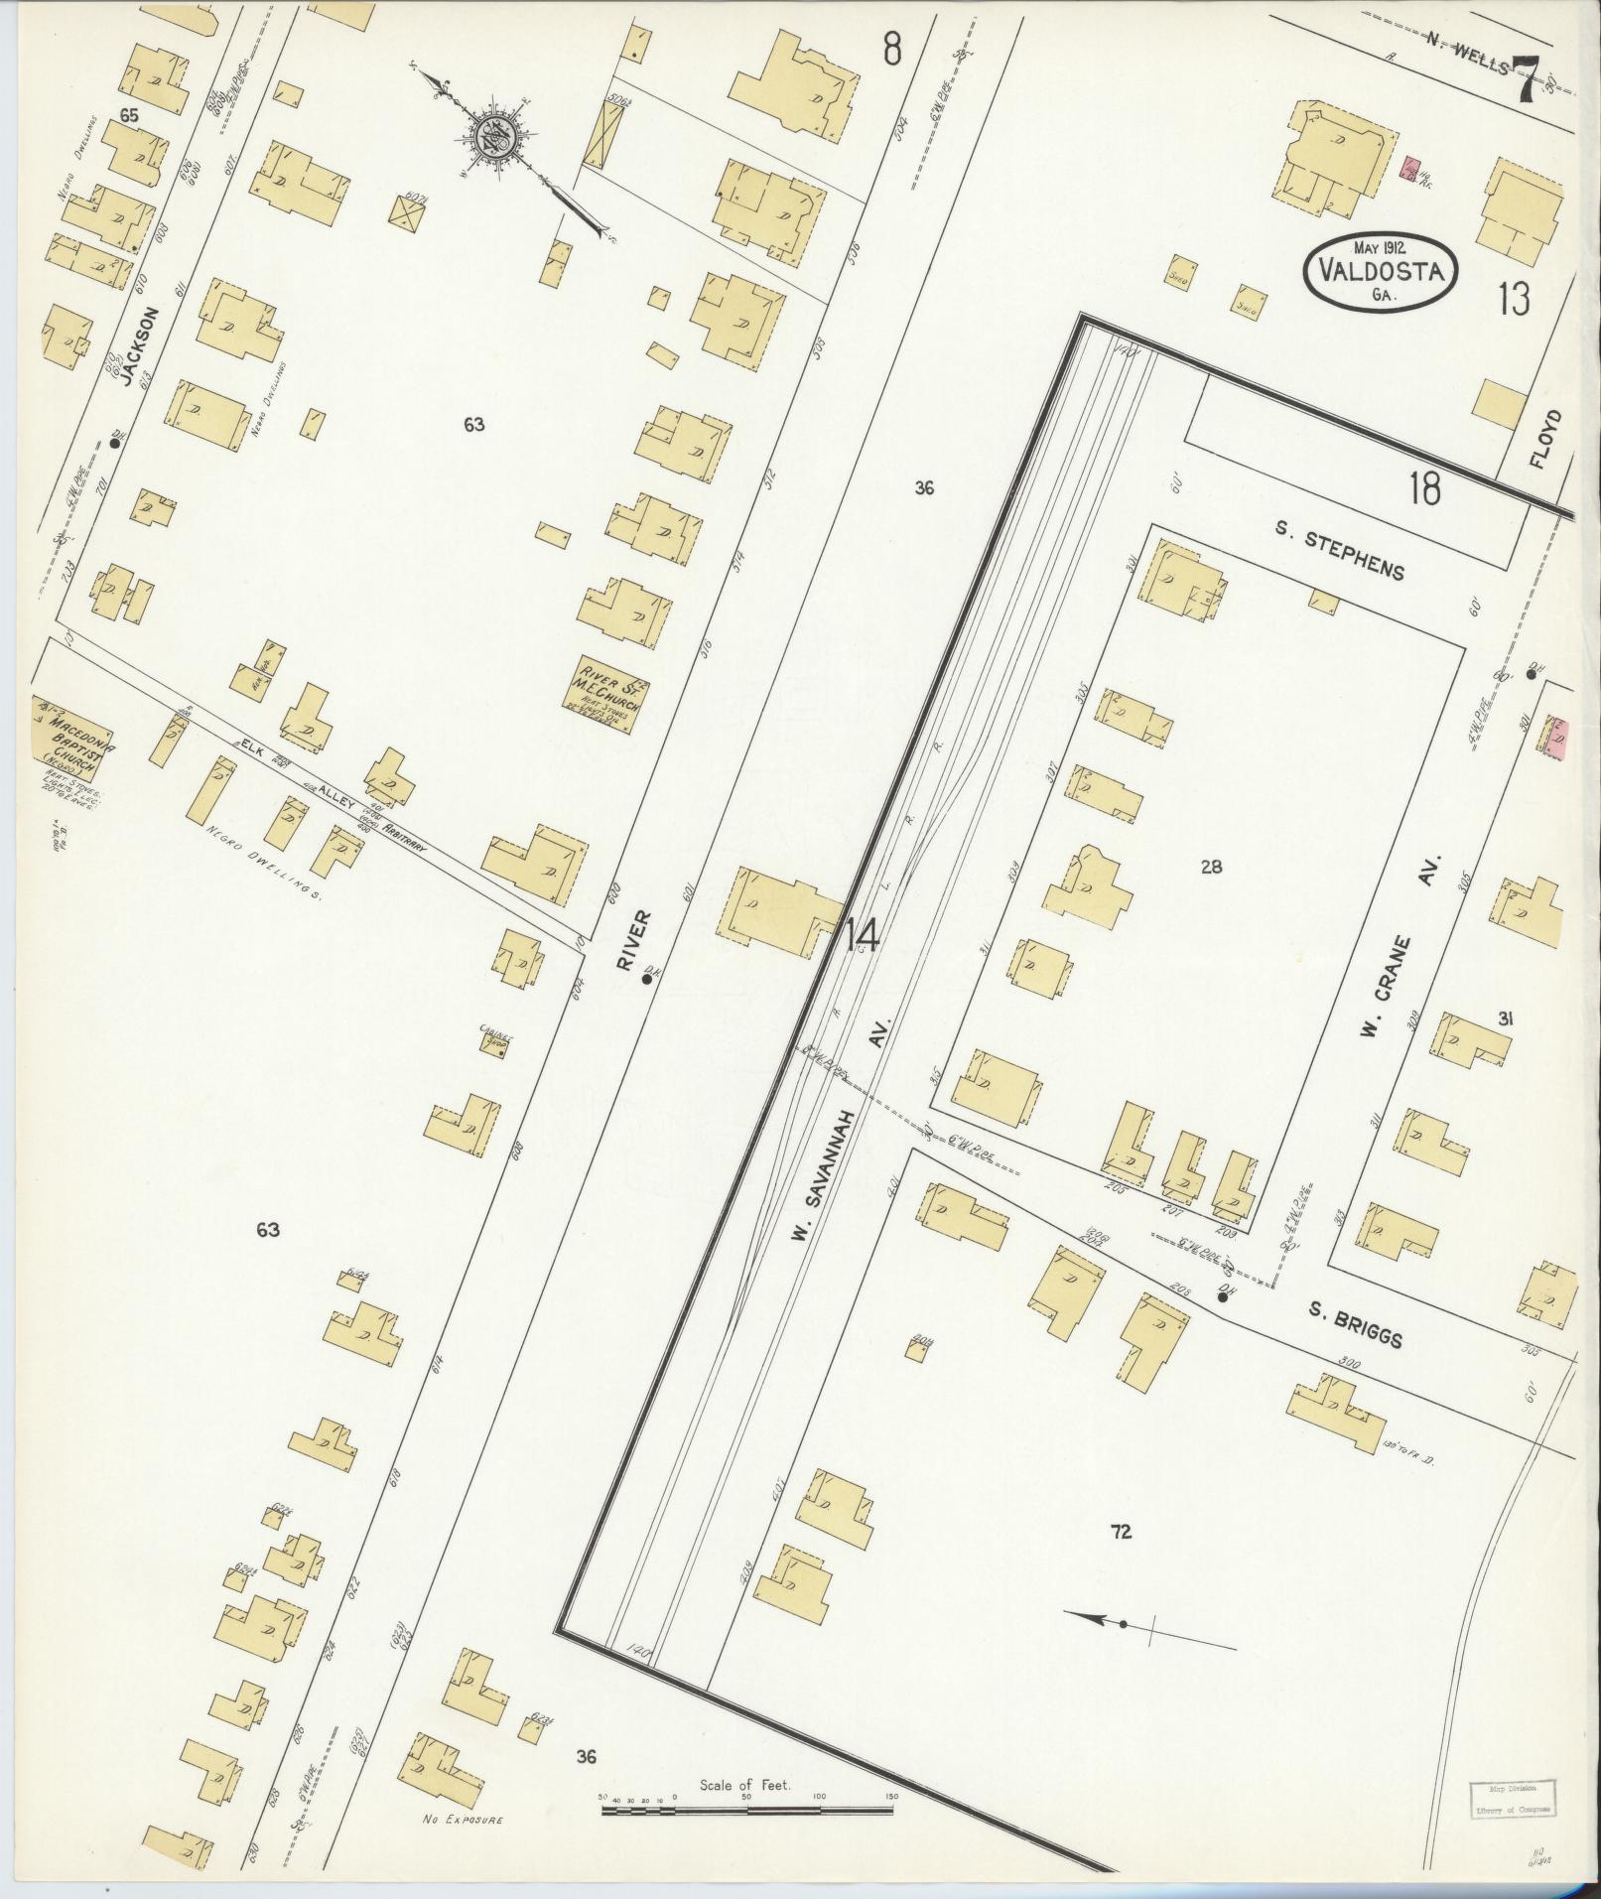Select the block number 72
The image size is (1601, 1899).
pos(1122,1532)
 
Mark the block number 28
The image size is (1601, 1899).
pos(1211,867)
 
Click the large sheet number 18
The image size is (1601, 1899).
pos(1423,488)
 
